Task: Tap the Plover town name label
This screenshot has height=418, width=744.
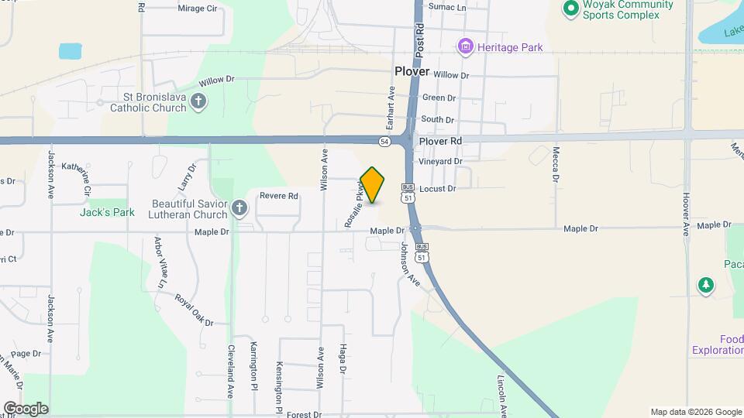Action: coord(412,71)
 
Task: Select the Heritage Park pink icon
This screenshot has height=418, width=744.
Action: coord(465,47)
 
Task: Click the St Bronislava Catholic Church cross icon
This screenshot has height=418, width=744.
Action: coord(198,101)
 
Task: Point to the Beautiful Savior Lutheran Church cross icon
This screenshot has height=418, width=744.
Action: coord(239,207)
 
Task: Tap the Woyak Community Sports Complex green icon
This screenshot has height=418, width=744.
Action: coord(571,9)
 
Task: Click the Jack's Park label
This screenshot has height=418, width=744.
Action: coord(107,212)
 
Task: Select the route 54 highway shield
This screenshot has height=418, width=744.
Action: coord(384,142)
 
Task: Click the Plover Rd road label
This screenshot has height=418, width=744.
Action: coord(439,142)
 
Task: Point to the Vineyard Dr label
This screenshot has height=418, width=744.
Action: coord(440,162)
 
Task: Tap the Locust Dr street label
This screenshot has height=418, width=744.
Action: coord(438,188)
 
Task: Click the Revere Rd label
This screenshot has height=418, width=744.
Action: coord(279,197)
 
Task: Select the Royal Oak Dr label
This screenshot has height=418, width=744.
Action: coord(193,310)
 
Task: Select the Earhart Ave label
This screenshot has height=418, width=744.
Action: coord(391,108)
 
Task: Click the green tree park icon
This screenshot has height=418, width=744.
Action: coord(705,286)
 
